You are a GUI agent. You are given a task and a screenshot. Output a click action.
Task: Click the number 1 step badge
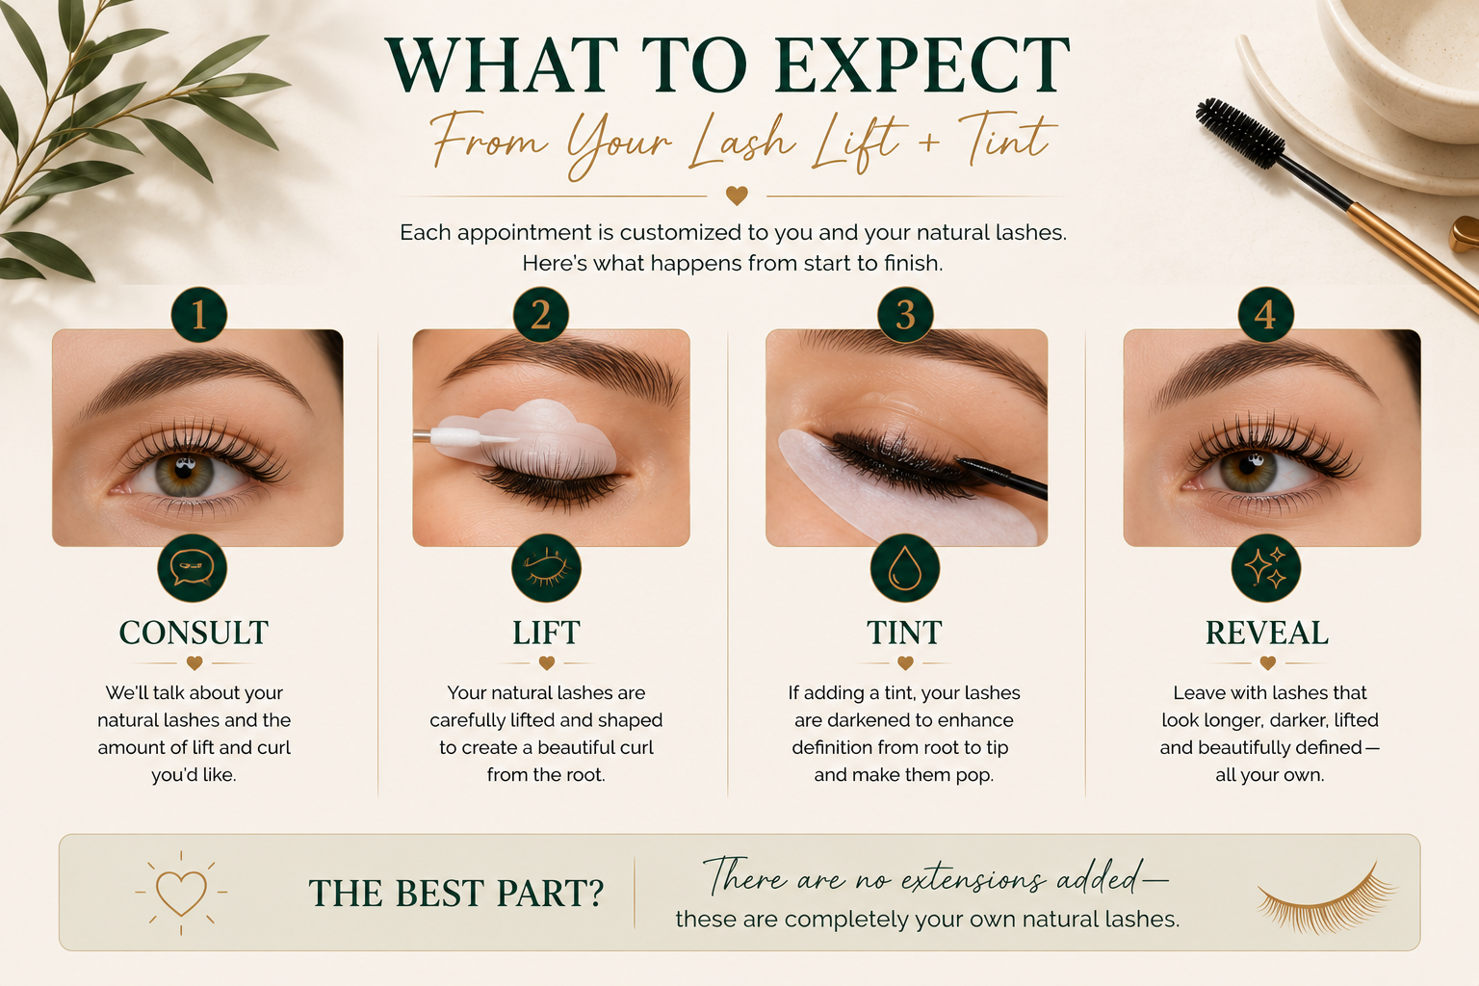[198, 314]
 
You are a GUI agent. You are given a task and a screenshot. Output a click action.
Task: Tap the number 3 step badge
[905, 314]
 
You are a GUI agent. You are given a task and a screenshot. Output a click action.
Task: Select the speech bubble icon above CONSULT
[193, 568]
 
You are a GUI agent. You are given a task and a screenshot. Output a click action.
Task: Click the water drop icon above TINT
[904, 568]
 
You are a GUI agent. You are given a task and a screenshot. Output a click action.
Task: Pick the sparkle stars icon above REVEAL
[1266, 568]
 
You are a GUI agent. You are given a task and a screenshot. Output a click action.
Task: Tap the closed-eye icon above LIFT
[546, 568]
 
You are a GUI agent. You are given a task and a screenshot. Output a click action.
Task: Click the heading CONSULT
[194, 633]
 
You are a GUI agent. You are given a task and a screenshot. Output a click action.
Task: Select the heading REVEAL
[1267, 633]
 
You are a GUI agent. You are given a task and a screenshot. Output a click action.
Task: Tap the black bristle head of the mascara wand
[1240, 133]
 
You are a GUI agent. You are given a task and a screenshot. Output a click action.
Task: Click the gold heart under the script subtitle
[737, 195]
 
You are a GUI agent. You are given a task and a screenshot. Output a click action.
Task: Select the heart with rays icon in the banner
[181, 893]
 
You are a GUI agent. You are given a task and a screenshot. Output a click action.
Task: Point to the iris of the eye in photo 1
[185, 474]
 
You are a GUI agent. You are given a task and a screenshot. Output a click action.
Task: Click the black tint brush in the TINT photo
[1001, 476]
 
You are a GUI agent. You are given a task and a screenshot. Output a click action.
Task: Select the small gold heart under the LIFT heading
[547, 662]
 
